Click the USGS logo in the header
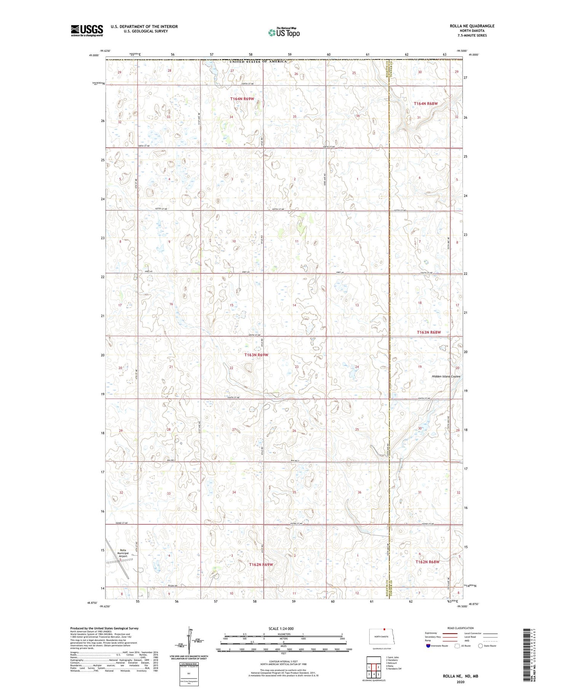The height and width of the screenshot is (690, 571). (87, 30)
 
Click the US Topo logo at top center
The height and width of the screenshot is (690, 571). (284, 32)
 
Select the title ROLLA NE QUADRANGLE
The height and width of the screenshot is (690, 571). (472, 26)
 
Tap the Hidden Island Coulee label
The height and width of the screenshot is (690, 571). (446, 376)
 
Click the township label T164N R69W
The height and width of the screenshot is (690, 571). (242, 99)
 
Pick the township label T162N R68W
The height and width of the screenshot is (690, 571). (427, 562)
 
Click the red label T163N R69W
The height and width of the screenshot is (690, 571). (256, 355)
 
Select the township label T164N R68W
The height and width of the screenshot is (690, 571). (426, 104)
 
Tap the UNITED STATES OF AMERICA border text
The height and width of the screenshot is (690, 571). (258, 61)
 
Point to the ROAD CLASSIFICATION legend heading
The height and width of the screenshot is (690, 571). (461, 628)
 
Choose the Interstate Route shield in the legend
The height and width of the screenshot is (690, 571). (428, 645)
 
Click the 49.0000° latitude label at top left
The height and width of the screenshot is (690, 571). (94, 55)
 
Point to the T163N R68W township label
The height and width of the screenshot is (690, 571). (429, 332)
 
